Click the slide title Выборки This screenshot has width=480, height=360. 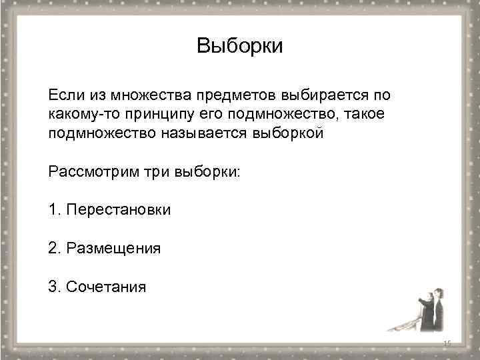click(240, 46)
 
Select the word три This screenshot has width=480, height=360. click(157, 171)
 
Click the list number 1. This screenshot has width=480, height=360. click(53, 210)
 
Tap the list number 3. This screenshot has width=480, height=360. click(53, 287)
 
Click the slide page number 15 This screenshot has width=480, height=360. click(447, 343)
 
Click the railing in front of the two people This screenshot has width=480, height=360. click(407, 325)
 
